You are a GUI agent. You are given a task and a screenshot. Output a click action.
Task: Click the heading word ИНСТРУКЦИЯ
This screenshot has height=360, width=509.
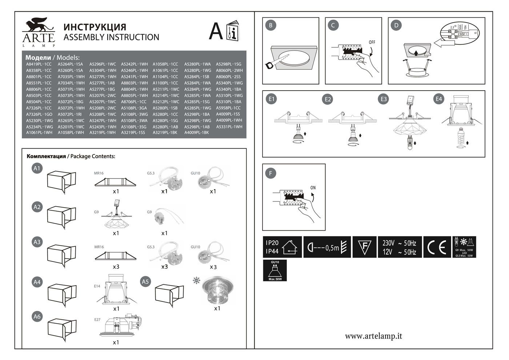(95, 27)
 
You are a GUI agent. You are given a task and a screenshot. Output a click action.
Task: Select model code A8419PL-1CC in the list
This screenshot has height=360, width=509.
(39, 64)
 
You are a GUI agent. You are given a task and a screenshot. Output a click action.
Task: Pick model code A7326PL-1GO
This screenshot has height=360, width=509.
(39, 114)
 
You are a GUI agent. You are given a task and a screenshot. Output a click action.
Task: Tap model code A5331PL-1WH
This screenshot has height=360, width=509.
(229, 127)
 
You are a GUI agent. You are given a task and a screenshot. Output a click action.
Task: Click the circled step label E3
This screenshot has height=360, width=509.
(383, 99)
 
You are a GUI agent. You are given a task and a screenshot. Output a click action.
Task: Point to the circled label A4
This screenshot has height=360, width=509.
(37, 282)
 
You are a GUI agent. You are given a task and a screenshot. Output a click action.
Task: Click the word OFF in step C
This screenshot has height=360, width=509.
(372, 42)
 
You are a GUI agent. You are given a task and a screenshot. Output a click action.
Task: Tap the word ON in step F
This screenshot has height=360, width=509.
(313, 188)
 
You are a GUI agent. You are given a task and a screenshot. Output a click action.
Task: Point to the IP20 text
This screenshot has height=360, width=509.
(272, 243)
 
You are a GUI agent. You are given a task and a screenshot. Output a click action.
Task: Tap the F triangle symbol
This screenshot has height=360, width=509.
(365, 247)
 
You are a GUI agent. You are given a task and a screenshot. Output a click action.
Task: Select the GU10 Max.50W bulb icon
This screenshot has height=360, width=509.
(275, 271)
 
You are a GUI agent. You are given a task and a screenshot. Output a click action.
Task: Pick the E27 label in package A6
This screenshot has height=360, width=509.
(97, 320)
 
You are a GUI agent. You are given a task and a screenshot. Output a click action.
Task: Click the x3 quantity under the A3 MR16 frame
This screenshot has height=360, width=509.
(116, 267)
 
